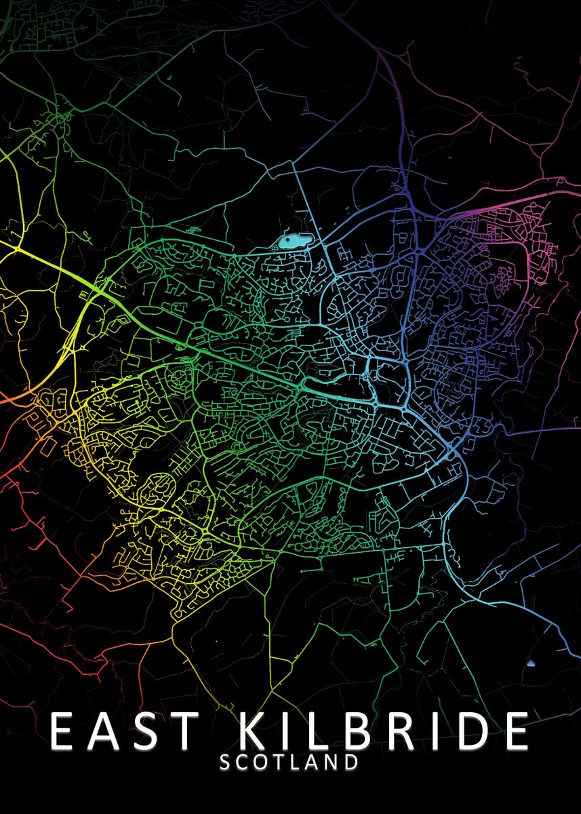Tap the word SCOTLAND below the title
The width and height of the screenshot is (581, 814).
click(289, 762)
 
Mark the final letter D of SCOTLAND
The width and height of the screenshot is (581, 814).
click(350, 762)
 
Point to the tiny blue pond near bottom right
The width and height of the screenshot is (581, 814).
click(530, 663)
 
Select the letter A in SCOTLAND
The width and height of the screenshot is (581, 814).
click(312, 762)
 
